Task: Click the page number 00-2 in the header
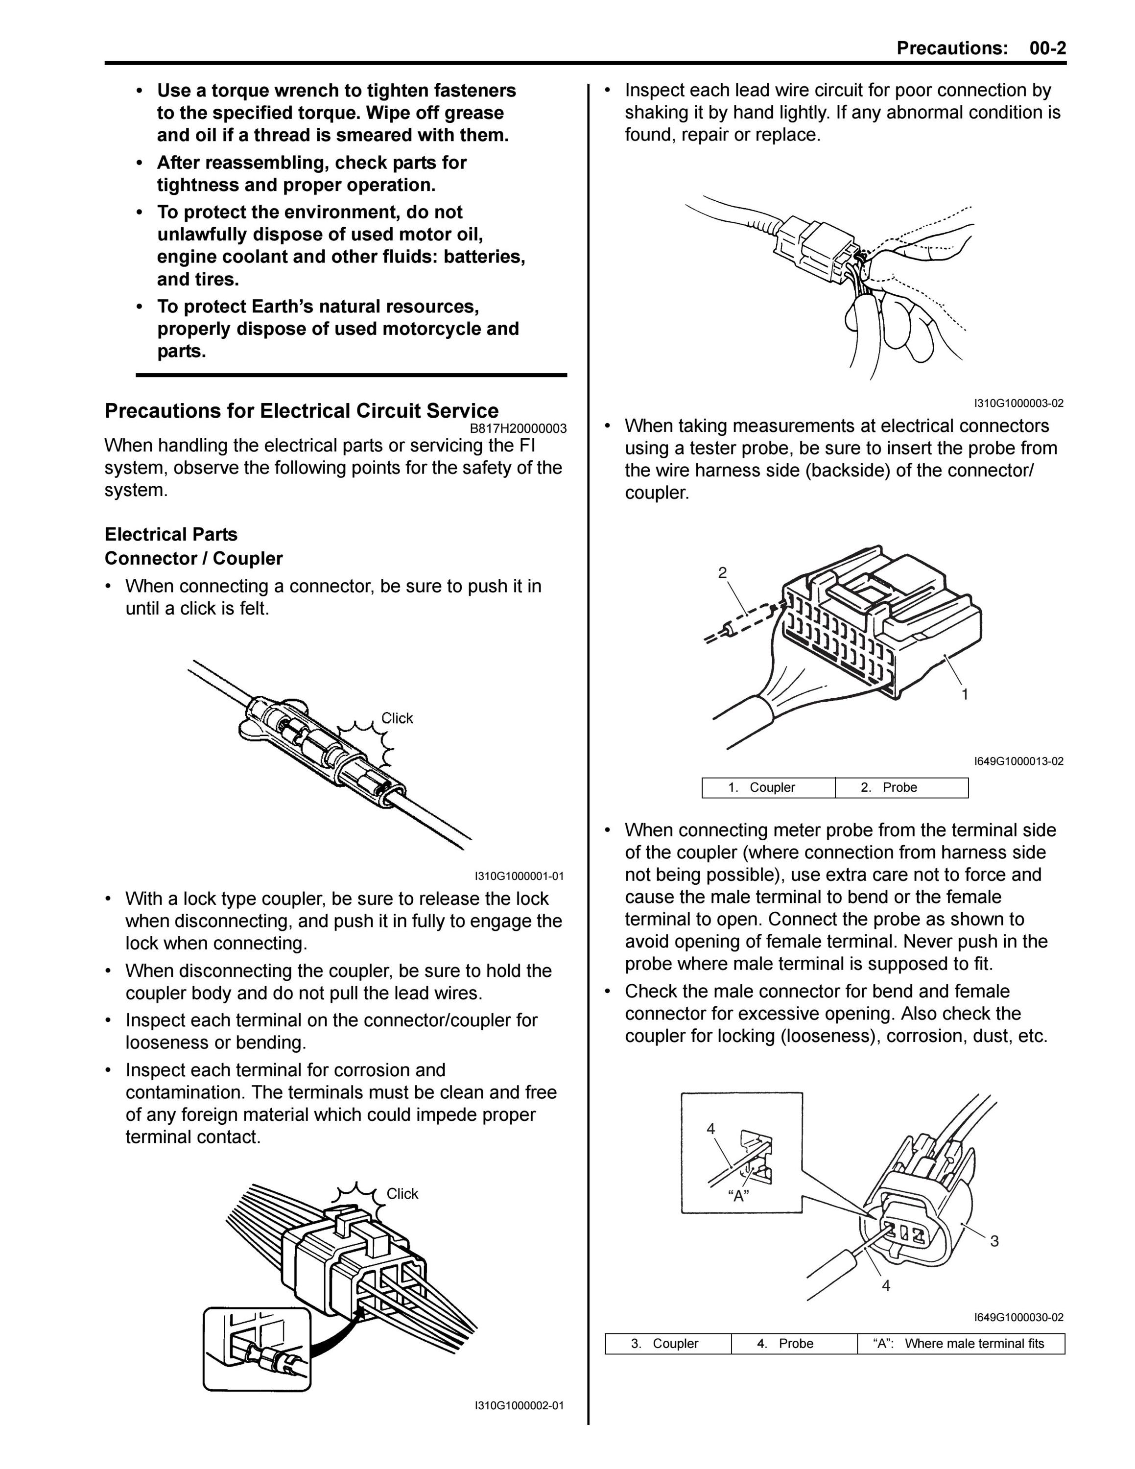(x=1047, y=48)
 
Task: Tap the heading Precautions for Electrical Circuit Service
(x=302, y=411)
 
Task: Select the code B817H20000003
(x=518, y=428)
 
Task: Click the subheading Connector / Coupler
(x=193, y=558)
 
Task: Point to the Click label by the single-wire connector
(x=398, y=718)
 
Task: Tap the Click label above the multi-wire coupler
(x=402, y=1194)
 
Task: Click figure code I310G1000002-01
(x=519, y=1406)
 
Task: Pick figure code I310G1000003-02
(x=1018, y=403)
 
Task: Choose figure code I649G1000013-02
(x=1018, y=761)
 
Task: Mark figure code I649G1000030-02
(x=1018, y=1318)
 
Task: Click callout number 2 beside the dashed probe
(x=722, y=573)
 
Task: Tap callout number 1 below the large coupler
(x=965, y=694)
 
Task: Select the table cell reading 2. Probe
(x=901, y=788)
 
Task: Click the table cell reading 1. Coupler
(x=769, y=788)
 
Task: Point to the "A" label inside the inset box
(x=739, y=1195)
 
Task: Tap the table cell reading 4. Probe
(x=794, y=1344)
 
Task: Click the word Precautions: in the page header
(x=952, y=48)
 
